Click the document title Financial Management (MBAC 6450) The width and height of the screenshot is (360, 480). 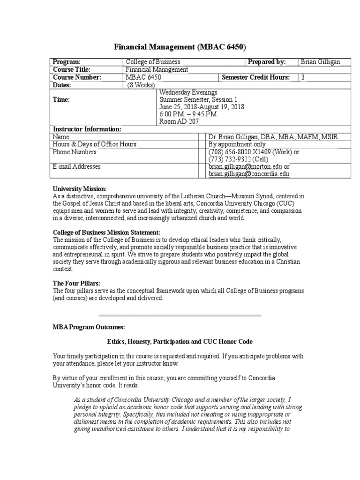click(180, 47)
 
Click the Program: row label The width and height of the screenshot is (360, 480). click(67, 62)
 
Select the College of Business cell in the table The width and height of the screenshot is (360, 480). click(153, 62)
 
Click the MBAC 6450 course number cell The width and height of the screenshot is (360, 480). click(143, 77)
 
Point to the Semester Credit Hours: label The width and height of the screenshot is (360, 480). click(255, 77)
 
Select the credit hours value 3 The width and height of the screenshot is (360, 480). click(303, 77)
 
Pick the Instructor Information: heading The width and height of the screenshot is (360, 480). click(87, 129)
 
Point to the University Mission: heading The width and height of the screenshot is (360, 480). click(80, 188)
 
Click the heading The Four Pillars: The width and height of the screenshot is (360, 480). click(76, 284)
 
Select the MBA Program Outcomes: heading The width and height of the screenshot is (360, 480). click(89, 327)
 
